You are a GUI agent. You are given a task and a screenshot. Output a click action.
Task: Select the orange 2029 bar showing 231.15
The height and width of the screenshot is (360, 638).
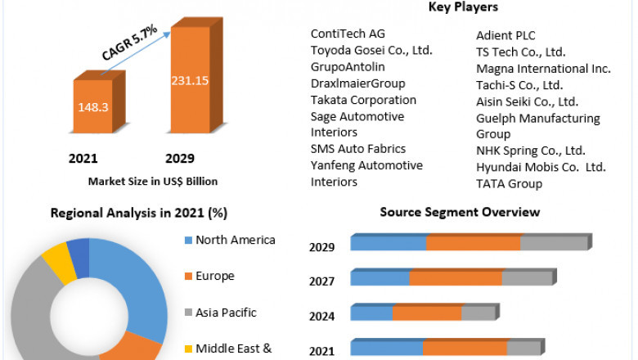click(x=189, y=82)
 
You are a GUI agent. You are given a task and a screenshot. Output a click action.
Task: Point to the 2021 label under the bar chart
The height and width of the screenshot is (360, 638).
click(x=84, y=158)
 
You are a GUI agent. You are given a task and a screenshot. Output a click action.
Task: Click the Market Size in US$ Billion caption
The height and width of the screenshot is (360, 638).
click(x=153, y=181)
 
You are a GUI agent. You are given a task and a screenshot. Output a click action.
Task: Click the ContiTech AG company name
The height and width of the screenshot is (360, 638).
click(x=348, y=34)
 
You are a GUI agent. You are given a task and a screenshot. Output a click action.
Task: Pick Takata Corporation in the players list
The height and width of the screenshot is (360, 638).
click(x=363, y=100)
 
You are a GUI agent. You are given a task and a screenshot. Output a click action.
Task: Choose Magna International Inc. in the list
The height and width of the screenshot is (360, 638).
click(x=543, y=69)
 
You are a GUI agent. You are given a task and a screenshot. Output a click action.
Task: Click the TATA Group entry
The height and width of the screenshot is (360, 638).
click(x=509, y=183)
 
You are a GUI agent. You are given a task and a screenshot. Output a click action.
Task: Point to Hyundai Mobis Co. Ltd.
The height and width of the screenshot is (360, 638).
click(x=541, y=167)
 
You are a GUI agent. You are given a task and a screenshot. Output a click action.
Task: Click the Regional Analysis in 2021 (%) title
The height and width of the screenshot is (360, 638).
click(x=139, y=213)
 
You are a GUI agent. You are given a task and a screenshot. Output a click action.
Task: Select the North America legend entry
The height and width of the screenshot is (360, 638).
click(x=235, y=240)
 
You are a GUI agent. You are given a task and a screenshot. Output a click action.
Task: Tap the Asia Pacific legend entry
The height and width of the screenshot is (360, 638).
click(x=226, y=312)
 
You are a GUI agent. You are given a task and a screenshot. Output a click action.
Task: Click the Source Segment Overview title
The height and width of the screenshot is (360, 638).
click(x=460, y=212)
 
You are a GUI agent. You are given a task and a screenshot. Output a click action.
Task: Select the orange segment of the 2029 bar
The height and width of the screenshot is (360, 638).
click(x=473, y=243)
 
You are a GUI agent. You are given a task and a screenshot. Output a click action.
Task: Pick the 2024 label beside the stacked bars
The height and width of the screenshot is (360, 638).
click(x=321, y=316)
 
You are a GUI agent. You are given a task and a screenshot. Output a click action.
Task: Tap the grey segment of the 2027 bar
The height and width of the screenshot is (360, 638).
click(x=527, y=278)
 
